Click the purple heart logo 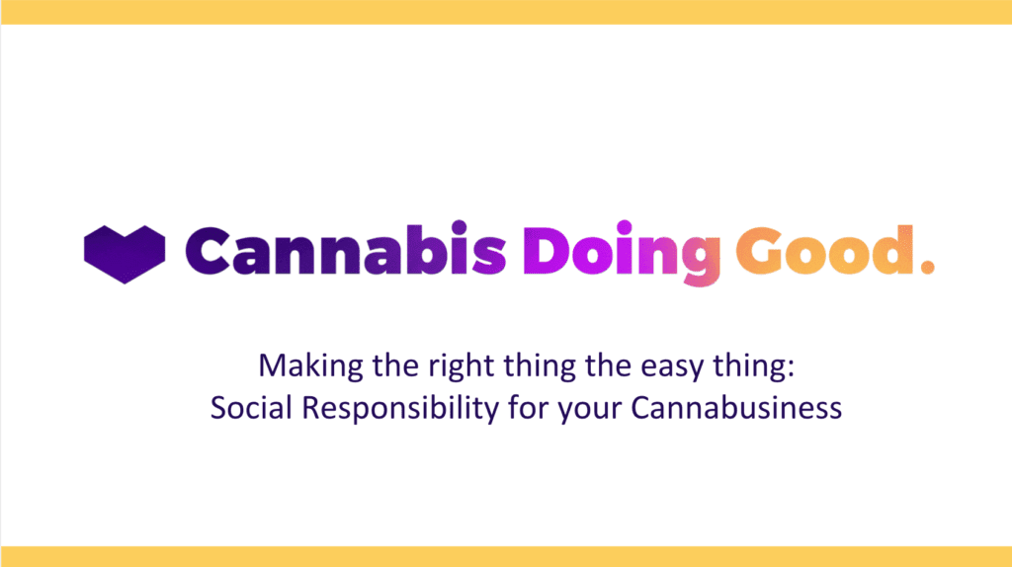pyautogui.click(x=124, y=254)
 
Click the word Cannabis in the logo pyautogui.click(x=345, y=248)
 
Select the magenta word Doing pyautogui.click(x=622, y=253)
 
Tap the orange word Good pyautogui.click(x=825, y=250)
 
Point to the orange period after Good pyautogui.click(x=927, y=267)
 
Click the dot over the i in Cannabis pyautogui.click(x=459, y=228)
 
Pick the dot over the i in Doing pyautogui.click(x=625, y=228)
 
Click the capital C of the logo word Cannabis pyautogui.click(x=208, y=251)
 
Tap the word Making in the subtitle pyautogui.click(x=311, y=366)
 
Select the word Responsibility pyautogui.click(x=400, y=409)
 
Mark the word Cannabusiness pyautogui.click(x=736, y=408)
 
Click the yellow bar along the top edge pyautogui.click(x=506, y=12)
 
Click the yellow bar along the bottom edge pyautogui.click(x=506, y=557)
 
